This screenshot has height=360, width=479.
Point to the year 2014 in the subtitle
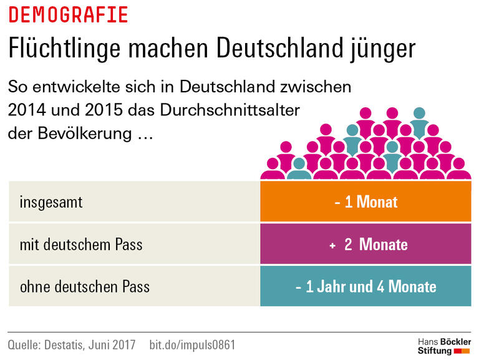(x=26, y=110)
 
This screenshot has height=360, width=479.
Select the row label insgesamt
(x=51, y=202)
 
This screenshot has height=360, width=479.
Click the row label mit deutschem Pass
(x=81, y=245)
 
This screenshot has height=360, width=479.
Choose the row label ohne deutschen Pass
(x=85, y=287)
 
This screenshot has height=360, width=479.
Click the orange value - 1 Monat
(x=365, y=202)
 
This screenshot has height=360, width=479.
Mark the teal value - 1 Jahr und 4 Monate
(x=365, y=287)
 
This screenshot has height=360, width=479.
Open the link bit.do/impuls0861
(x=193, y=344)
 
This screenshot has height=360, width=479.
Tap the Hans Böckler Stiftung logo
(x=443, y=346)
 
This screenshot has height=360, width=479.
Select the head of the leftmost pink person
(x=273, y=163)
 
